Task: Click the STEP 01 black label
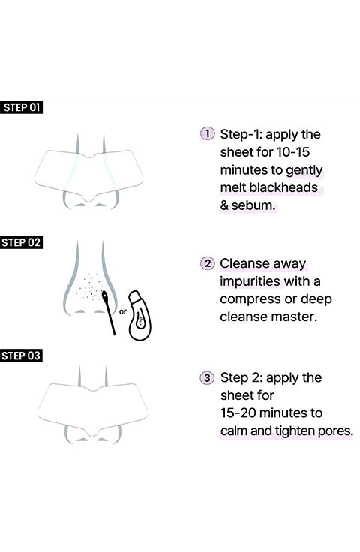point(21,107)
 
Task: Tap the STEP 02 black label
point(21,242)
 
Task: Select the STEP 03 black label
point(21,355)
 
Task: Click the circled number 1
point(207,133)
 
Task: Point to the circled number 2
point(207,263)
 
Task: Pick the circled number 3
point(207,377)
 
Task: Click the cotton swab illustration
point(109,312)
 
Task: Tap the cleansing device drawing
point(139,316)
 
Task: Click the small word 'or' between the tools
point(123,311)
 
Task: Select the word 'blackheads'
point(283,187)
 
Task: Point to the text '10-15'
point(292,152)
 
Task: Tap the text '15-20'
point(238,412)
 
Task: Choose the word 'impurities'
point(250,282)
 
